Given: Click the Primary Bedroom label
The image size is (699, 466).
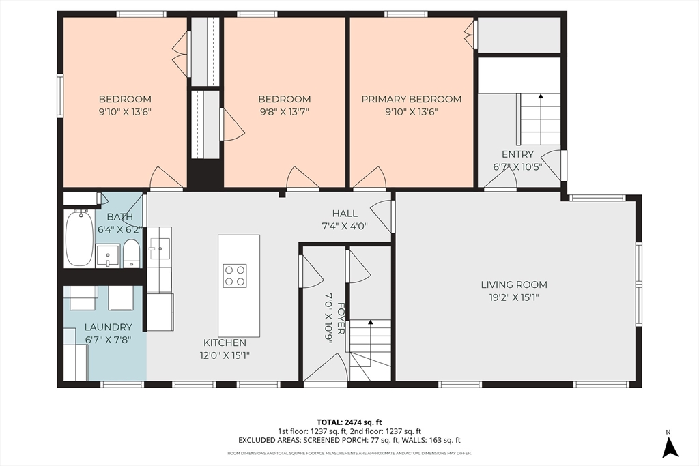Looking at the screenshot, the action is pos(411,99).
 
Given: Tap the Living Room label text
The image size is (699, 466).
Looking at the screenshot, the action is pos(514,285).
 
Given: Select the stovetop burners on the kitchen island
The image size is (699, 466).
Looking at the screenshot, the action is pos(235,276).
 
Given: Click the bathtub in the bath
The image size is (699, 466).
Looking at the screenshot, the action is pos(80,238).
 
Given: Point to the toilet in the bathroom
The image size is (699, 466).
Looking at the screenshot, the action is pos(131,253).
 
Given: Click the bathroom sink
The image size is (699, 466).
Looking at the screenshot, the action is pos(108,255).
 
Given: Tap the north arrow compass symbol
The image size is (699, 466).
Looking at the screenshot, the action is pos(670,448).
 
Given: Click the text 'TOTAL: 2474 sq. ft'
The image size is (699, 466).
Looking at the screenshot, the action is pos(349,422).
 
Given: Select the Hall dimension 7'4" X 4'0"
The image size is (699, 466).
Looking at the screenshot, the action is pos(345,226).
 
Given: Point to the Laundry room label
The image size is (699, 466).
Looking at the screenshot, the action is pos(109,327).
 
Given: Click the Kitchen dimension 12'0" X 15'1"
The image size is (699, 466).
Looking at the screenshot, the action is pos(224,355).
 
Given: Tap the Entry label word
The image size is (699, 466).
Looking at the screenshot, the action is pos(517,154).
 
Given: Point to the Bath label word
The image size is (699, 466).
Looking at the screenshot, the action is pos(120,216).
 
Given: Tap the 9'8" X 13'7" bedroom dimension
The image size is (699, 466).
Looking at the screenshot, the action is pos(285,111).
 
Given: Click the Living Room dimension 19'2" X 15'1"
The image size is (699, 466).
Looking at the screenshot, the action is pos(514,297).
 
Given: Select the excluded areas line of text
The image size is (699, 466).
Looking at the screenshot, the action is pos(349,440).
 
